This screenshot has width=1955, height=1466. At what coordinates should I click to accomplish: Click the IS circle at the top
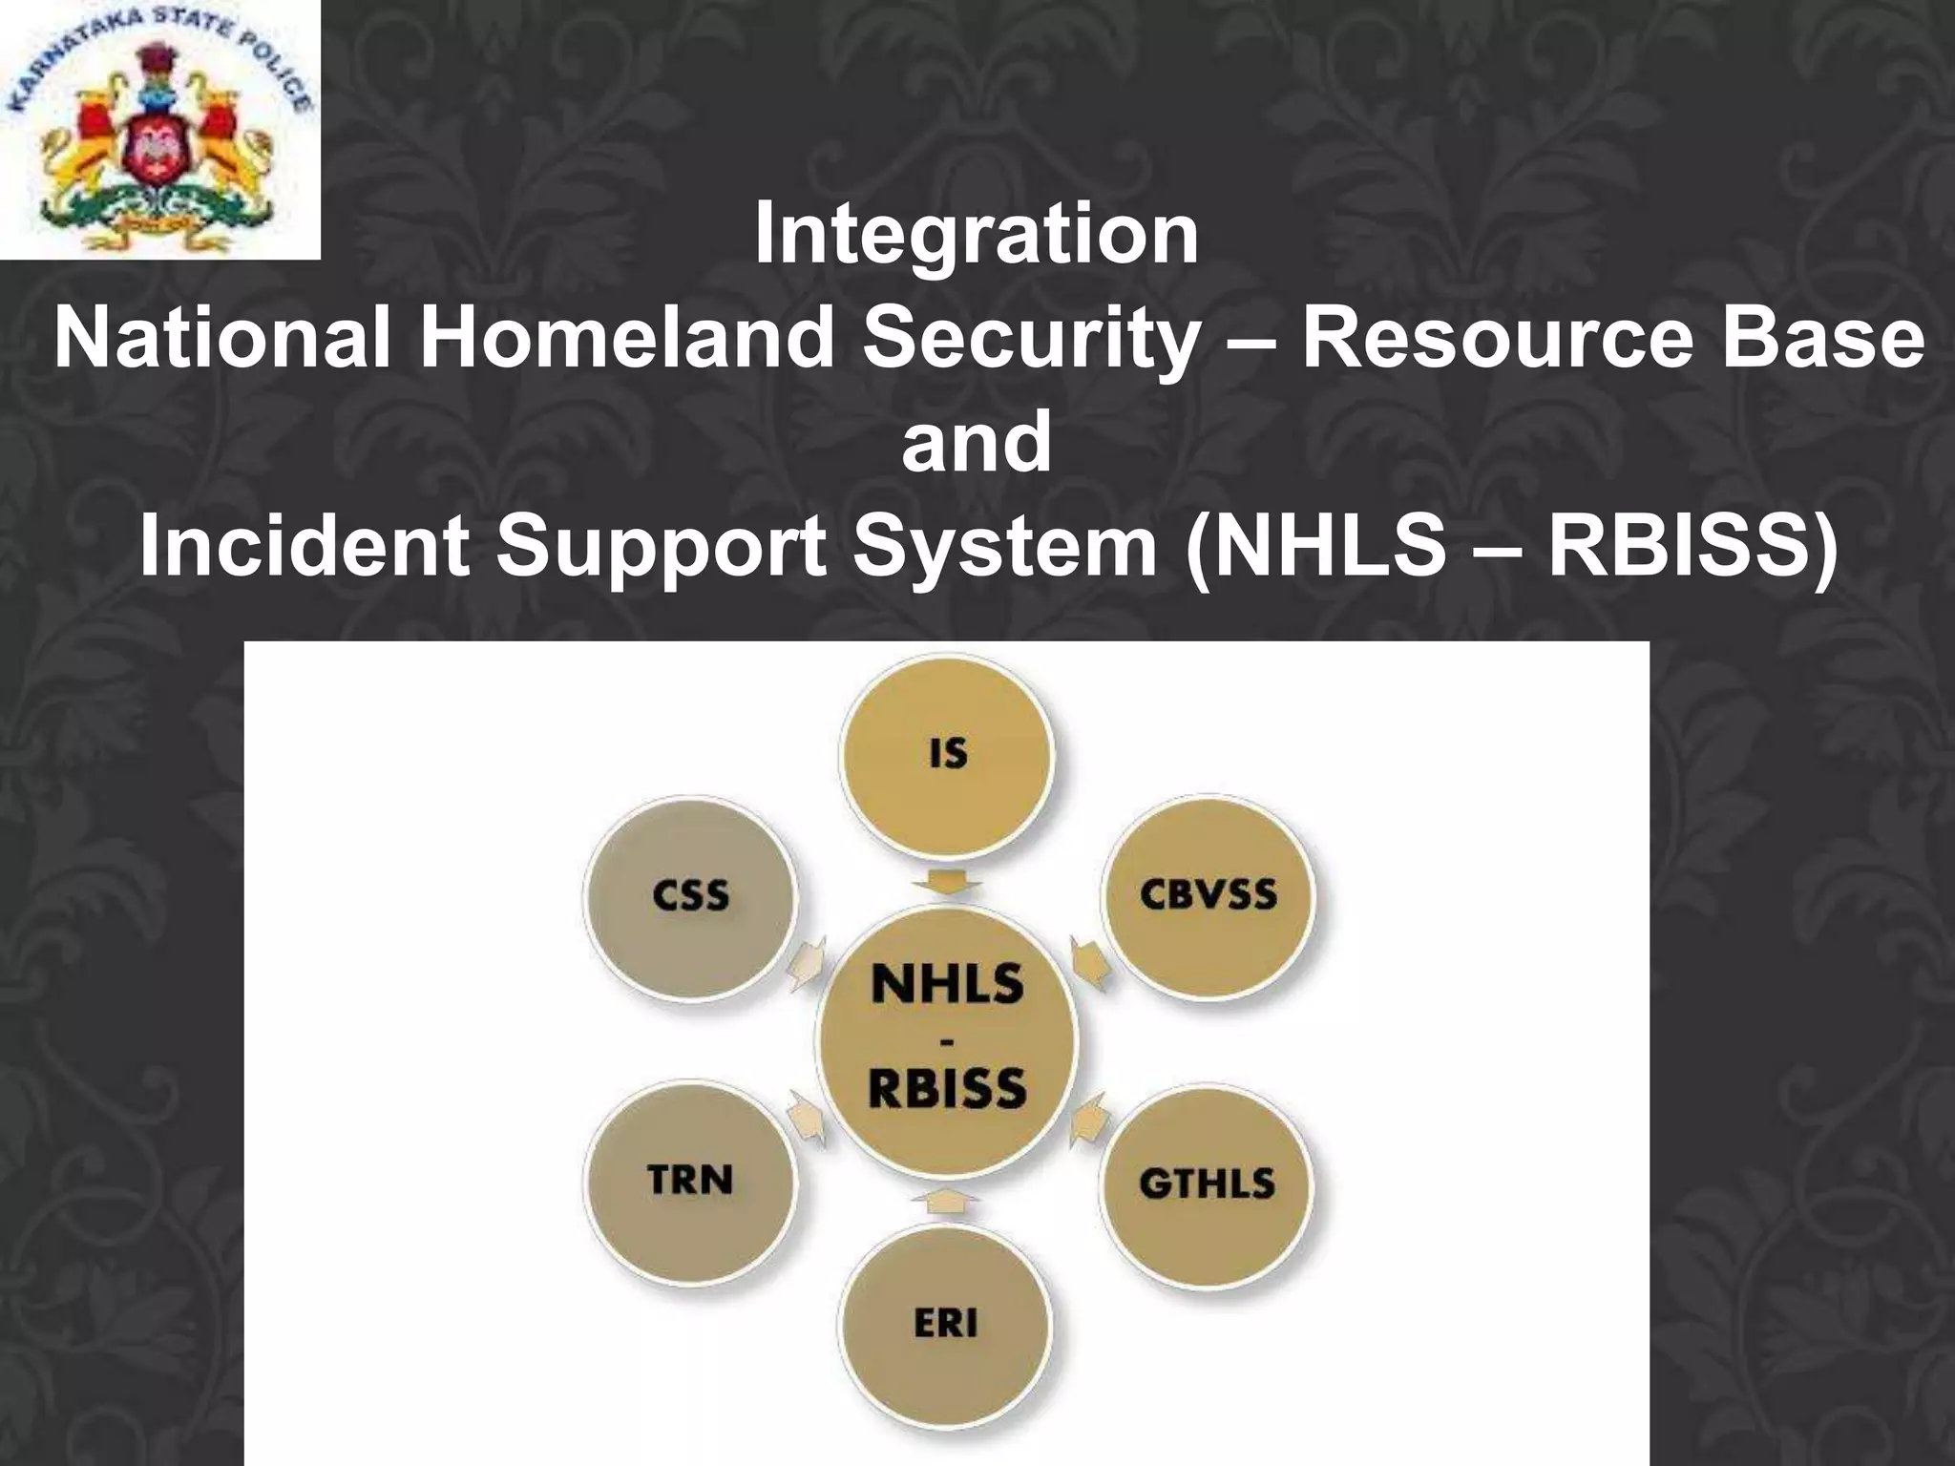(x=946, y=754)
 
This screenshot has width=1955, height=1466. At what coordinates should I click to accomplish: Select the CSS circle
(x=690, y=897)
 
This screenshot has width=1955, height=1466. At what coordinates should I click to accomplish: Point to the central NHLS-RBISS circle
(x=947, y=1038)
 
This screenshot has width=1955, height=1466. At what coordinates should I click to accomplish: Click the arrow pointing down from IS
(x=946, y=882)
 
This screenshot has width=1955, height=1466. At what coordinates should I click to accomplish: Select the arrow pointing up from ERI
(x=945, y=1199)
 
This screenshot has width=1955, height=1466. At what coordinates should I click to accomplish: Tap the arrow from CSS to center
(x=807, y=960)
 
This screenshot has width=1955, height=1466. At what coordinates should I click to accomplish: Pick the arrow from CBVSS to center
(x=1090, y=959)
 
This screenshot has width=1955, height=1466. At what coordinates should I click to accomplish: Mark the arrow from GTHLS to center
(x=1088, y=1120)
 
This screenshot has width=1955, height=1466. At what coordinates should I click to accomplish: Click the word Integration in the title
(x=976, y=236)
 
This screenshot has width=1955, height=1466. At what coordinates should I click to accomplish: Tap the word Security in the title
(x=1028, y=340)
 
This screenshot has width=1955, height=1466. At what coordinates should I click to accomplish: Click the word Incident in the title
(x=304, y=547)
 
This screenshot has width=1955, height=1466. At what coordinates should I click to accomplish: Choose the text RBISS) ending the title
(x=1688, y=547)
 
